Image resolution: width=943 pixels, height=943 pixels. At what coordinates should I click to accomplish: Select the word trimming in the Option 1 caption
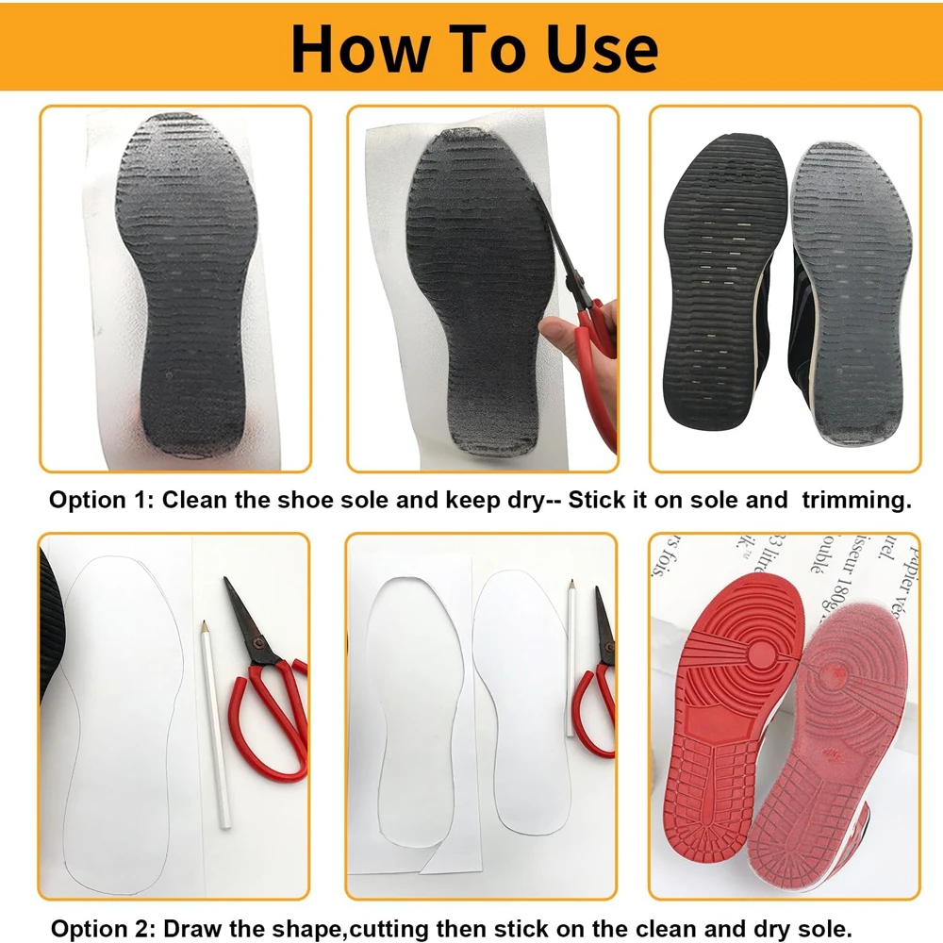856,500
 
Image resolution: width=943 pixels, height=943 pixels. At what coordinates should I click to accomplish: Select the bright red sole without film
736,726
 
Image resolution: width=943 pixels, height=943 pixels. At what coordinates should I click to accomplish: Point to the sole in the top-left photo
193,283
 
